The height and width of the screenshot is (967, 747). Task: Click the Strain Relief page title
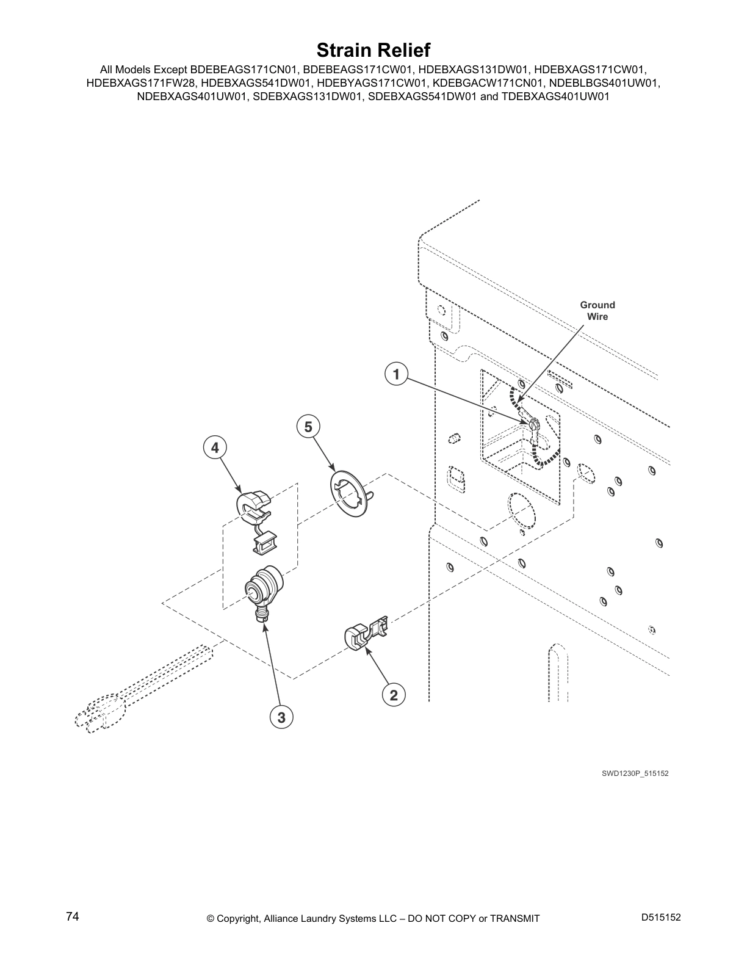(374, 50)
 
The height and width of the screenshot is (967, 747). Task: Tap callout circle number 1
(396, 374)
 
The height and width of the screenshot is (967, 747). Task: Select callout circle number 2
(394, 695)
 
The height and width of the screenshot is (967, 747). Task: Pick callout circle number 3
(281, 717)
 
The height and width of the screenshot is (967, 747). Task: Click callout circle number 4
(215, 447)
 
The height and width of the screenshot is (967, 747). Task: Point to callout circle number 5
(308, 427)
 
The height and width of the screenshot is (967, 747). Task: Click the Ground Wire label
(597, 311)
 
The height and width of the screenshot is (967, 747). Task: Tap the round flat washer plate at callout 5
(349, 493)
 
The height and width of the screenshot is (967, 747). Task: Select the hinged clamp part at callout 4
(255, 523)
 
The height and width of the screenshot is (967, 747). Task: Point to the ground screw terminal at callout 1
(533, 424)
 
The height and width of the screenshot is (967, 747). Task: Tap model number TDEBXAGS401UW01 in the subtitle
(555, 96)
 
